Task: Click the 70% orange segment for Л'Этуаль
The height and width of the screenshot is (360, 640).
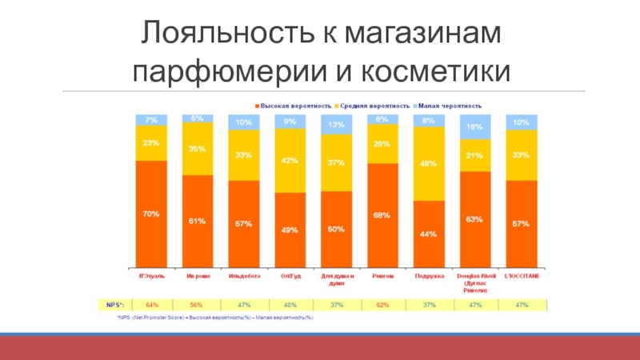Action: click(151, 214)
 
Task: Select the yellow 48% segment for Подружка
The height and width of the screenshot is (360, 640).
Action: click(429, 164)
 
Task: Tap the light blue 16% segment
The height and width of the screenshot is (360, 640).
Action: click(475, 127)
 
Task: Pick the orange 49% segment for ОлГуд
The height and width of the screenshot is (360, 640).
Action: click(290, 230)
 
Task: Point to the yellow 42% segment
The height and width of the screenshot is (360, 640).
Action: click(290, 160)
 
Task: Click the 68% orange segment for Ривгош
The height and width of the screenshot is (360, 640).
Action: click(382, 214)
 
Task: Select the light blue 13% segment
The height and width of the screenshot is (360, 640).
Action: click(336, 124)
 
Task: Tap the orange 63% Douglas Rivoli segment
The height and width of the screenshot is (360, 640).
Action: click(475, 218)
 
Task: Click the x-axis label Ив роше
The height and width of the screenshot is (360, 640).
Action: click(198, 276)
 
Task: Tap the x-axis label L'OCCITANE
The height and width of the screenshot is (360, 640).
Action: click(522, 276)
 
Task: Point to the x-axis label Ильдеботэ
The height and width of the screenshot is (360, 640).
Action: click(244, 276)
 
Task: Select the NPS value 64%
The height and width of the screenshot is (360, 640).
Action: click(151, 305)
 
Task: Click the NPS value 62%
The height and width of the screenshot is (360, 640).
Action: click(382, 305)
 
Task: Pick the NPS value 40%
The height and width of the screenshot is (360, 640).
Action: click(290, 305)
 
